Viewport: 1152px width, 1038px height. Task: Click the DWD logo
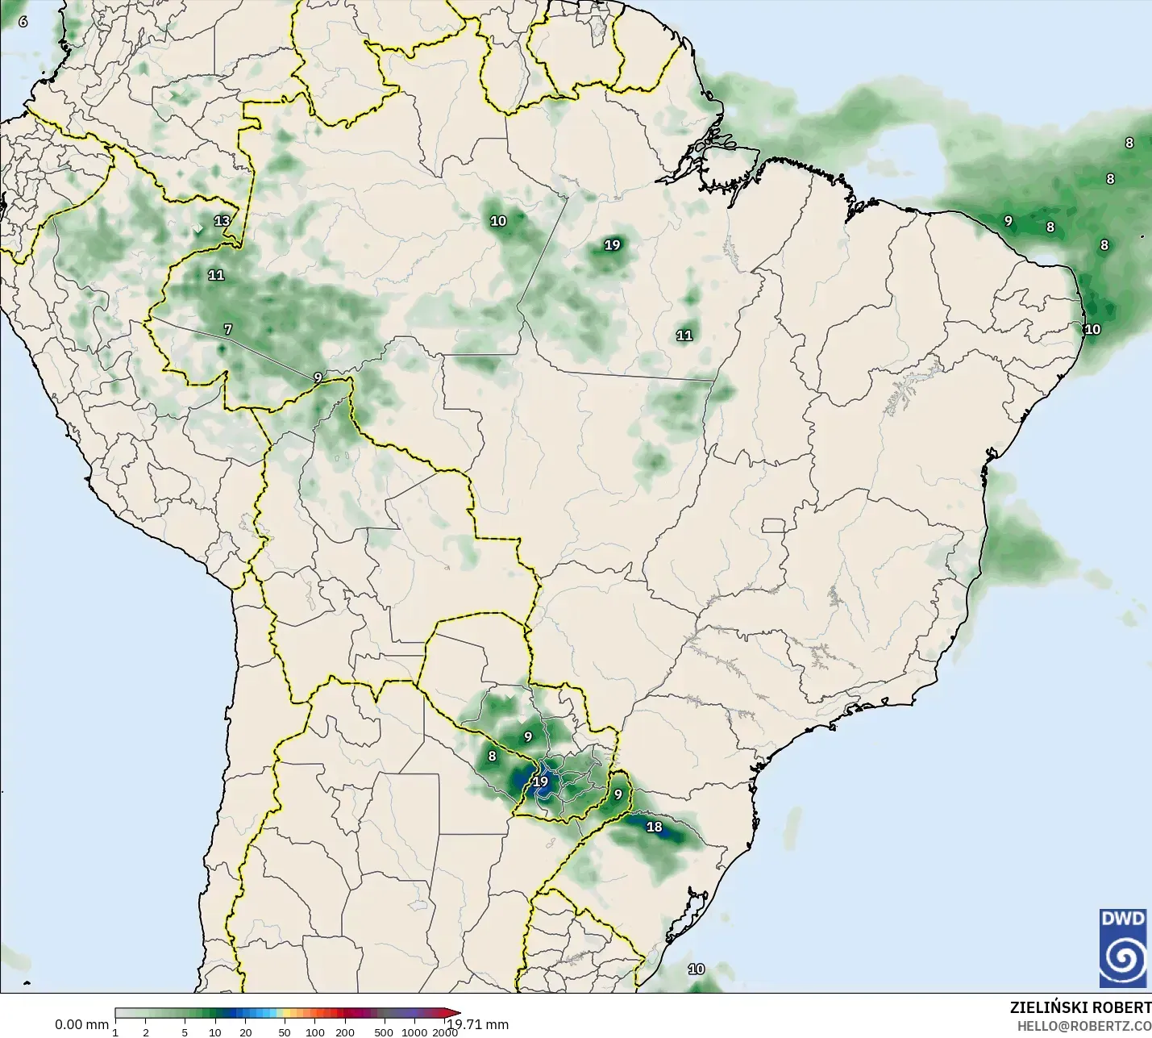point(1123,948)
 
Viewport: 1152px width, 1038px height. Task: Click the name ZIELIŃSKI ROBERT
point(1080,1007)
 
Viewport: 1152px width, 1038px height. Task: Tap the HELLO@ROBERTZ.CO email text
point(1083,1026)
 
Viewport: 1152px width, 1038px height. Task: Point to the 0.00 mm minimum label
point(81,1024)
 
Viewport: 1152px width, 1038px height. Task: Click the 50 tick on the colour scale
point(285,1032)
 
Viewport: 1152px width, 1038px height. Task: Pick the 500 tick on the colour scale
point(384,1032)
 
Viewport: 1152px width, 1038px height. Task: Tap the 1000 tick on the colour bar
point(415,1032)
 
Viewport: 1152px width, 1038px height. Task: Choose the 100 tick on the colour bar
point(315,1032)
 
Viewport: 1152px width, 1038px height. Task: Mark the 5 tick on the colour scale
point(185,1032)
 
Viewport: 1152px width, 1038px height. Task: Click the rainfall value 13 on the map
point(222,220)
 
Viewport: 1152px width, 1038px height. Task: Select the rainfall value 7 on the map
point(228,329)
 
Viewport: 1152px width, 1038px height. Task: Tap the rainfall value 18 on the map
point(655,827)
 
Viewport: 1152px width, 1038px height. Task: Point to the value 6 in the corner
point(23,22)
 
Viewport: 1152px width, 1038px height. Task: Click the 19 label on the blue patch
point(540,781)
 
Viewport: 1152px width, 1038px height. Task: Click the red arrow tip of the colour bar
point(456,1013)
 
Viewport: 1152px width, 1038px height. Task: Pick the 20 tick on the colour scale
point(246,1032)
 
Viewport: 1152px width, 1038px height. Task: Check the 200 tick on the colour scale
point(345,1032)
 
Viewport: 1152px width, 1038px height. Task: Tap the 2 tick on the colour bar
point(146,1032)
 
